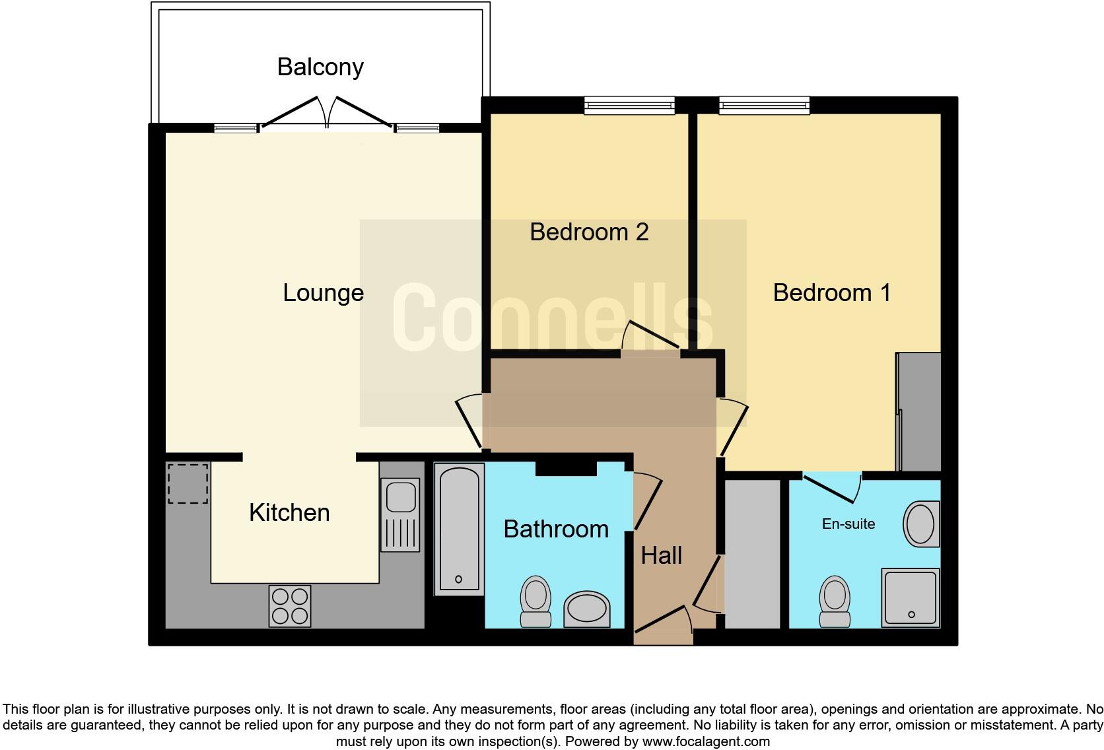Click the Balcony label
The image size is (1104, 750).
[320, 67]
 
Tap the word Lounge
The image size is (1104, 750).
[324, 293]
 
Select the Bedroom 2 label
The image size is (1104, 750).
[589, 232]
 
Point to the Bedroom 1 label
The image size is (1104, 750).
[832, 292]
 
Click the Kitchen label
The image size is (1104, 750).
[289, 512]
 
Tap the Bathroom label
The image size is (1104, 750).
[556, 529]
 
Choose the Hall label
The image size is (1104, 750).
[662, 556]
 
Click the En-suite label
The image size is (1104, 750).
[848, 524]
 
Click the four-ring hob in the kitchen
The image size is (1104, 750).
[290, 606]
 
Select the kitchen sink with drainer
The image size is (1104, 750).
[400, 514]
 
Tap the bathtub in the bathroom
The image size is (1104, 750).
[459, 529]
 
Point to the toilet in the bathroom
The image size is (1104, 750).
[535, 601]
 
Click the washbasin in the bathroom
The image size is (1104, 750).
[587, 609]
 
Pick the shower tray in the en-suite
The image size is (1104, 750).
[911, 597]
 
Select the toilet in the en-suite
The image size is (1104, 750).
[835, 601]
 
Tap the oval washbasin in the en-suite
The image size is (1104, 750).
[922, 524]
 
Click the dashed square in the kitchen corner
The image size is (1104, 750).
[188, 483]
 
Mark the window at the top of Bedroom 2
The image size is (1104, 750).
[629, 106]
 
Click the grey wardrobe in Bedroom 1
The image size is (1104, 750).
[918, 411]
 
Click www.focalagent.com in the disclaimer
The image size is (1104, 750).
[706, 741]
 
